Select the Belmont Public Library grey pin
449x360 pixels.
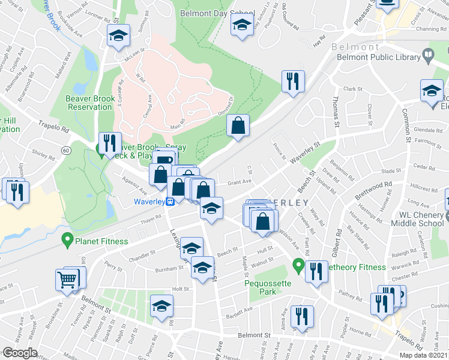[428, 57]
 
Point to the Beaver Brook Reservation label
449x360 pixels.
[89, 102]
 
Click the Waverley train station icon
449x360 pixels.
[170, 202]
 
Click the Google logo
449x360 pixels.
[19, 353]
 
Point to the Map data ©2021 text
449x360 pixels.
[424, 355]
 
